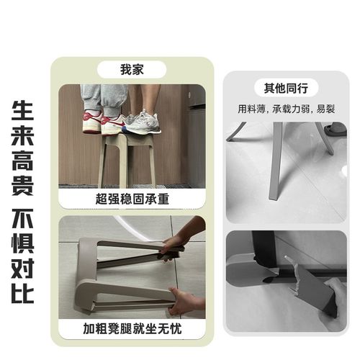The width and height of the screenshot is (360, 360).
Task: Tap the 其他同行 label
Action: [x=286, y=89]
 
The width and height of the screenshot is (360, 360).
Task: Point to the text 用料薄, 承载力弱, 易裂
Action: [x=286, y=109]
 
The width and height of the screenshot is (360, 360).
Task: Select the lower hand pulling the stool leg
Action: [x=179, y=300]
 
